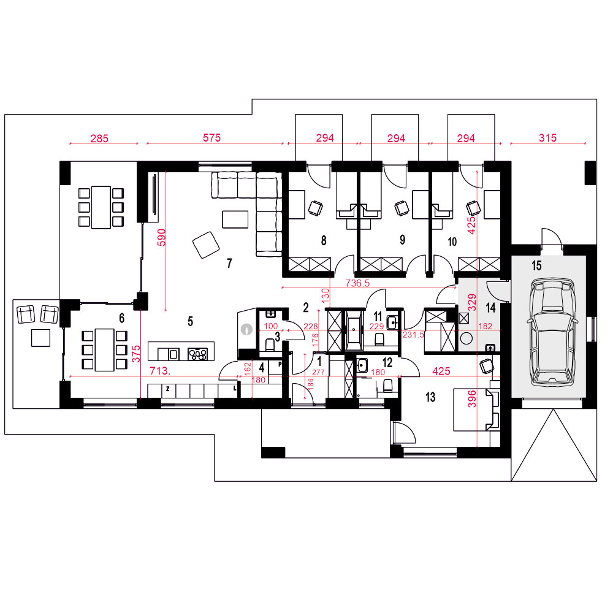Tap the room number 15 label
pyautogui.click(x=536, y=266)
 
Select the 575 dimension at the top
pyautogui.click(x=212, y=137)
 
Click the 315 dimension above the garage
pyautogui.click(x=547, y=137)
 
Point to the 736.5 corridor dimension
pyautogui.click(x=357, y=283)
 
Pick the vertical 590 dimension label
pyautogui.click(x=161, y=237)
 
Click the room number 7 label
pyautogui.click(x=229, y=264)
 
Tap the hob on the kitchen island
pyautogui.click(x=197, y=354)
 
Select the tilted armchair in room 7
pyautogui.click(x=206, y=245)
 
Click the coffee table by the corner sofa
pyautogui.click(x=235, y=219)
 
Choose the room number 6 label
pyautogui.click(x=121, y=318)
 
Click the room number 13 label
pyautogui.click(x=430, y=397)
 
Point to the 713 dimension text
pyautogui.click(x=160, y=371)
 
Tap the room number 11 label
pyautogui.click(x=378, y=316)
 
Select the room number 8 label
pyautogui.click(x=324, y=240)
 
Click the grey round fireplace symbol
pyautogui.click(x=246, y=329)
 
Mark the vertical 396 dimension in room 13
pyautogui.click(x=472, y=399)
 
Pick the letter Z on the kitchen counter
pyautogui.click(x=168, y=389)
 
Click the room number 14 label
pyautogui.click(x=490, y=308)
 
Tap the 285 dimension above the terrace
pyautogui.click(x=99, y=139)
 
